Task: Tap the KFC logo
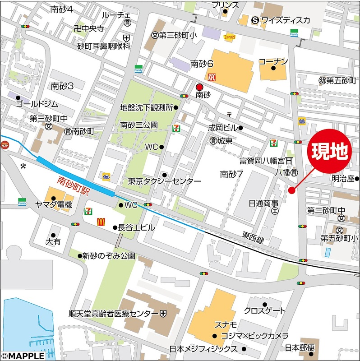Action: point(212,77)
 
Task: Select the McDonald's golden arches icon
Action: point(101,222)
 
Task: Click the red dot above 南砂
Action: point(199,87)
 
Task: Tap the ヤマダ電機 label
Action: point(54,205)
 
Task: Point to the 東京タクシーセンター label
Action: point(164,181)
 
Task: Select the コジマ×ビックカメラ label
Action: point(254,336)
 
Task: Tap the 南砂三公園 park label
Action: point(139,125)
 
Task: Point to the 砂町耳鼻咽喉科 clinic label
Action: point(103,46)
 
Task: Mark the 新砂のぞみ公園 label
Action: point(109,256)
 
